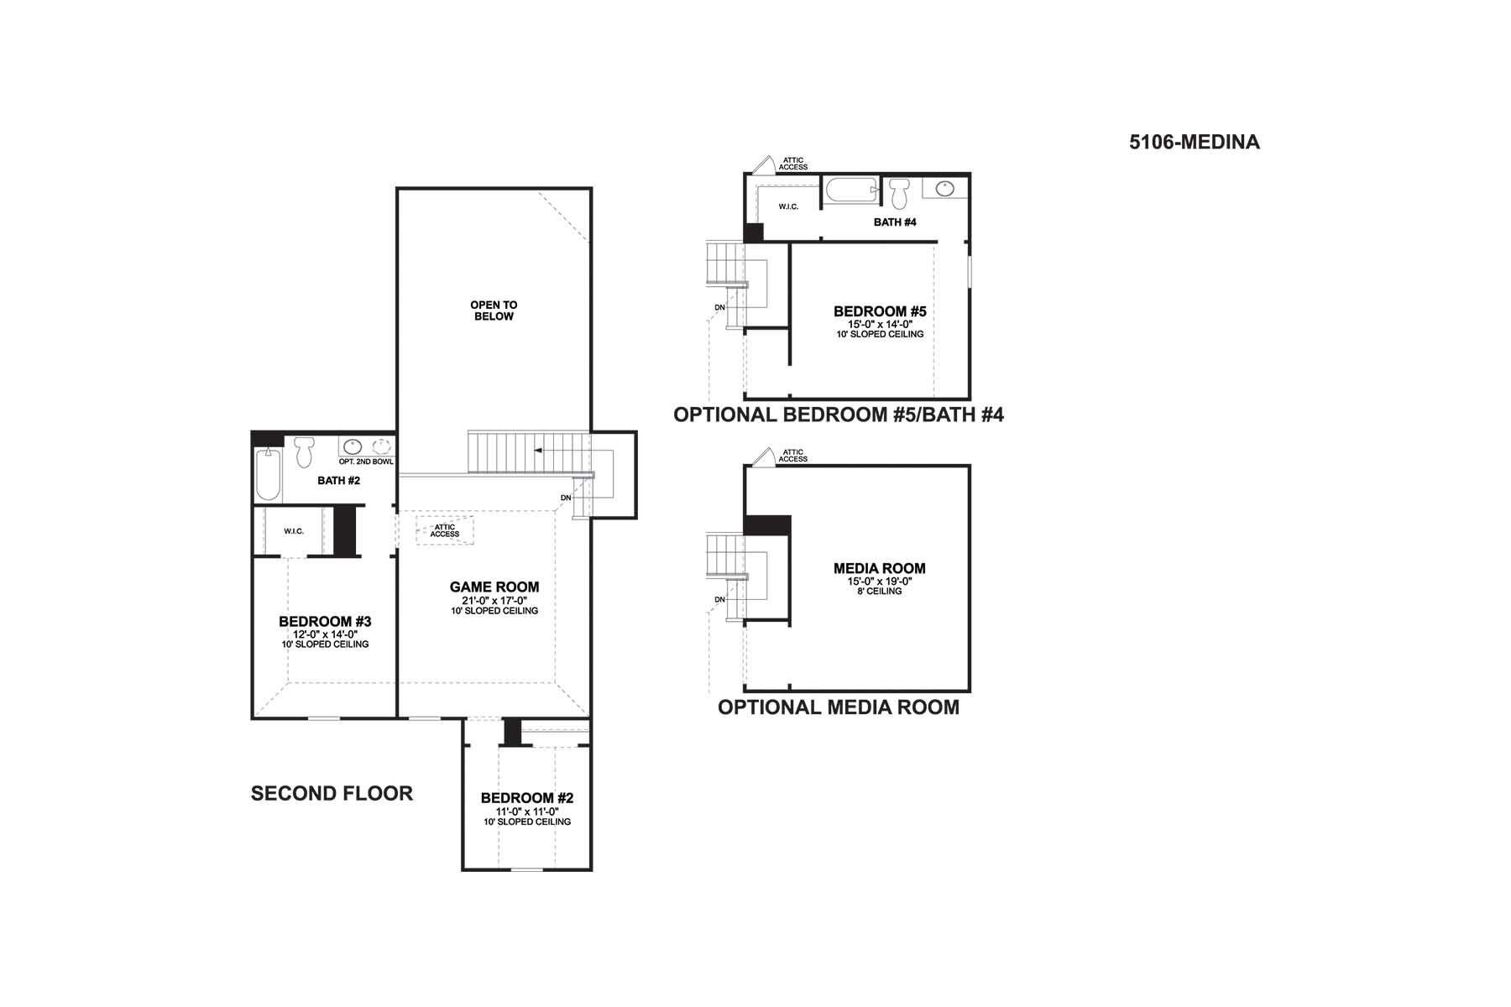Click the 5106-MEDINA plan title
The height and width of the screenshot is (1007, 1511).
[1195, 142]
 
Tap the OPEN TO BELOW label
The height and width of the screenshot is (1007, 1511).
[494, 310]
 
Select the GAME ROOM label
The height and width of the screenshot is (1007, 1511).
[494, 587]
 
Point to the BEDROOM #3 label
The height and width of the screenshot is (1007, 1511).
[325, 622]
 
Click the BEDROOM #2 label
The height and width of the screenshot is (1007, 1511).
[527, 798]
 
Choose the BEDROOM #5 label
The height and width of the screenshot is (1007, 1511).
[880, 311]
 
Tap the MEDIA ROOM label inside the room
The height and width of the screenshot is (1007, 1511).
[880, 568]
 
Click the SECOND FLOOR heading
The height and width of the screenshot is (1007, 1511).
[332, 794]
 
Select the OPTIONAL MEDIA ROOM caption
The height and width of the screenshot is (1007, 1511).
[839, 707]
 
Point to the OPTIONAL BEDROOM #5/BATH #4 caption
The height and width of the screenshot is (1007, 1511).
[839, 415]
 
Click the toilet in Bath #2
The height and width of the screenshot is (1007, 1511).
[303, 452]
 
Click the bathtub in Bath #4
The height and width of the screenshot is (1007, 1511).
[851, 190]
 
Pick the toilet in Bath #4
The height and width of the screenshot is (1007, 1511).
[900, 193]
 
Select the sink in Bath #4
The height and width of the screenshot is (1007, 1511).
[946, 188]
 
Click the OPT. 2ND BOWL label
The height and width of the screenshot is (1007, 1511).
[366, 462]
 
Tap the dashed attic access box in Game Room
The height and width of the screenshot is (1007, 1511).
[445, 530]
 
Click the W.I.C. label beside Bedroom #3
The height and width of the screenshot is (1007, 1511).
[294, 531]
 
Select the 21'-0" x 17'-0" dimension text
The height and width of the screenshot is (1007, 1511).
[494, 600]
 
